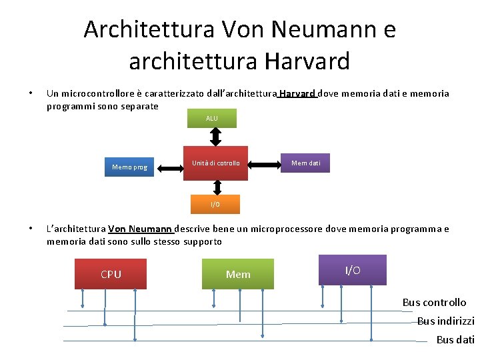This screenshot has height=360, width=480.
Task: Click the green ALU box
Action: [212, 119]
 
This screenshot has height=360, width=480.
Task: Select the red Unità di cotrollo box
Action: [215, 163]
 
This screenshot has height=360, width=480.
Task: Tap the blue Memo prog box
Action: [130, 167]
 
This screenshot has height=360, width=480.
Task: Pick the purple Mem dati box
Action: [306, 163]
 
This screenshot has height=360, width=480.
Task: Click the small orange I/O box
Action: [215, 204]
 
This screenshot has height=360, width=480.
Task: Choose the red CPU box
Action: [111, 274]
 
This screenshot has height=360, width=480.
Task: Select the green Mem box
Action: [238, 274]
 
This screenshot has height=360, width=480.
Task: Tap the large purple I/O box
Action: [353, 270]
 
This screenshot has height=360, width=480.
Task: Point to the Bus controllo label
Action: [434, 303]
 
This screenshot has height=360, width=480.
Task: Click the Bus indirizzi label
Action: [445, 321]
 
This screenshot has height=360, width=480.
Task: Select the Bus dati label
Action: [455, 340]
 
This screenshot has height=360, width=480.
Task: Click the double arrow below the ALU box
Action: [215, 137]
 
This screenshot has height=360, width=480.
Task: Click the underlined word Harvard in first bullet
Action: [297, 94]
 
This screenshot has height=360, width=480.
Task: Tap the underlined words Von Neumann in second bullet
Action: [140, 229]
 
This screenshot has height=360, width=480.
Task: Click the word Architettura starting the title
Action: [149, 29]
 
